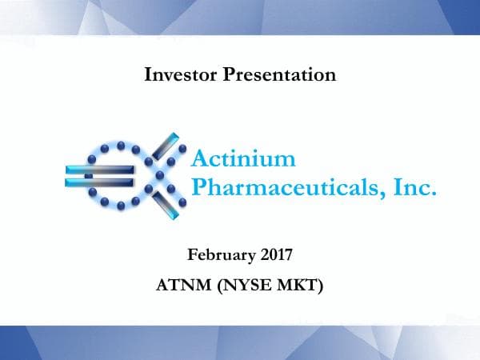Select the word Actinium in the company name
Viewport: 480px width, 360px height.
(x=244, y=158)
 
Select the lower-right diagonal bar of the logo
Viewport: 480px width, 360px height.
(x=169, y=201)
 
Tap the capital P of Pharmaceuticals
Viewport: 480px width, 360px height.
(x=201, y=189)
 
